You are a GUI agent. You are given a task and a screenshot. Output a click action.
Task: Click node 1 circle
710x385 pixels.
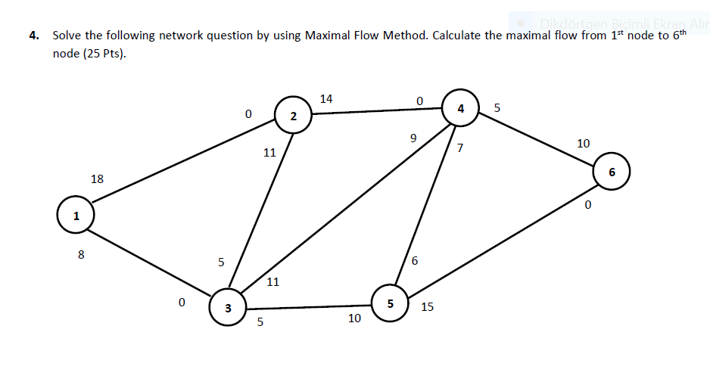pyautogui.click(x=75, y=215)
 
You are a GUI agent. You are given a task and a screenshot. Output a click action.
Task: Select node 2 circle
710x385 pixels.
pyautogui.click(x=294, y=115)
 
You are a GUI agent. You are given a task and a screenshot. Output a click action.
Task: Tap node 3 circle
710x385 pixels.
pyautogui.click(x=227, y=307)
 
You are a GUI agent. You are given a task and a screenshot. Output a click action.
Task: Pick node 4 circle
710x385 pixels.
pyautogui.click(x=460, y=108)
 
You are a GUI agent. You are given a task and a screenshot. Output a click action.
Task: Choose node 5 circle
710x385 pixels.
pyautogui.click(x=391, y=303)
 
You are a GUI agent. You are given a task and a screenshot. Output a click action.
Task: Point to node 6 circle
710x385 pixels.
pyautogui.click(x=611, y=172)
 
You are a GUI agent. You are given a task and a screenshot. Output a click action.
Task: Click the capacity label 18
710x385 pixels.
pyautogui.click(x=97, y=179)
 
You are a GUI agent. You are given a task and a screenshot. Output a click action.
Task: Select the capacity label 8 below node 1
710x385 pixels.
pyautogui.click(x=81, y=255)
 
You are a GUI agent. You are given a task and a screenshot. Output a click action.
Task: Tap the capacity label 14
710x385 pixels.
pyautogui.click(x=326, y=98)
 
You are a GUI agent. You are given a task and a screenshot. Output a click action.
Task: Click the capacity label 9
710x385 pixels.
pyautogui.click(x=413, y=138)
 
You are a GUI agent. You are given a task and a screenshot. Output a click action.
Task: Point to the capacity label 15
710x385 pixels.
pyautogui.click(x=427, y=307)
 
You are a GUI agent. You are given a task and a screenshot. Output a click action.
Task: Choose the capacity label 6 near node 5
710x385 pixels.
pyautogui.click(x=415, y=261)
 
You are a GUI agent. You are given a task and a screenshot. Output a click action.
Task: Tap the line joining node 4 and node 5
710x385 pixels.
pyautogui.click(x=425, y=206)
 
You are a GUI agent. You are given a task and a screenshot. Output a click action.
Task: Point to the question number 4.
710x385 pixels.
pyautogui.click(x=33, y=36)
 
